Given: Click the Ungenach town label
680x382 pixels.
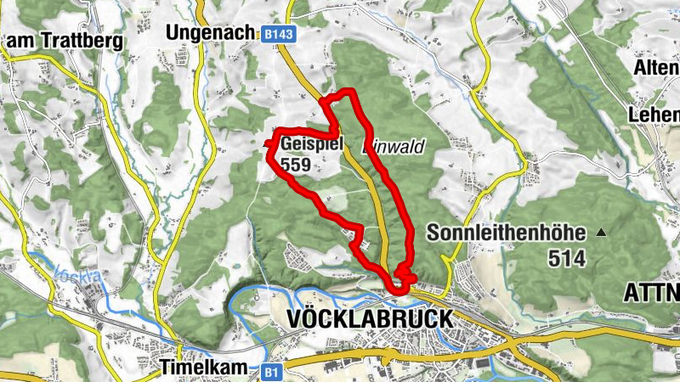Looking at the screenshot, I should click(x=211, y=32).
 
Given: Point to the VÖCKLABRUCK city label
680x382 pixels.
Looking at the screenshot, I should click(x=371, y=318).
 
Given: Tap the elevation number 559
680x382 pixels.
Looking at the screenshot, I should click(x=296, y=165).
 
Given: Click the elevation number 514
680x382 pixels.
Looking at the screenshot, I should click(x=567, y=259).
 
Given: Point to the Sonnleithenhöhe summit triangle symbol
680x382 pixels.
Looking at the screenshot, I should click(x=602, y=232).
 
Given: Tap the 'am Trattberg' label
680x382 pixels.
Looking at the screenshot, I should click(x=64, y=40).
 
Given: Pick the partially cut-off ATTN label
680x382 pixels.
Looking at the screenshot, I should click(x=652, y=293).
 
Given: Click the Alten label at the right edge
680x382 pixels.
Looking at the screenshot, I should click(x=657, y=66).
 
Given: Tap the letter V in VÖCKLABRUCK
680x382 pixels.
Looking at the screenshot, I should click(x=296, y=318).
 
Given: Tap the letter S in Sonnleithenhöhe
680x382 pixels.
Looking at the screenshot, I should click(x=433, y=233).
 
